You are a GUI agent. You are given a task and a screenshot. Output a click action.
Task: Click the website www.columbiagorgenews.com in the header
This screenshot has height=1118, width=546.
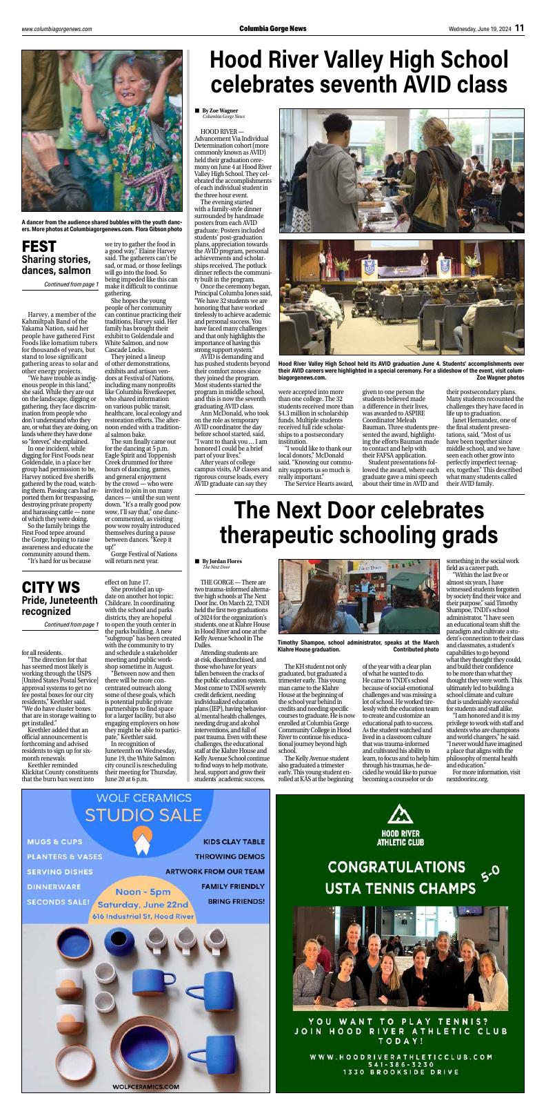pos(57,29)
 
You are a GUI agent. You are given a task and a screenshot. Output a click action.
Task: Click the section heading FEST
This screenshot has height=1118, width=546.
pos(39,247)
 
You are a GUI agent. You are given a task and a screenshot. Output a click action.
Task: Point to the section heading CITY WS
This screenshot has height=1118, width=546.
pos(50,587)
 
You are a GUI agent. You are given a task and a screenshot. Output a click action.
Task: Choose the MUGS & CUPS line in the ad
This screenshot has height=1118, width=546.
pos(54,842)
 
